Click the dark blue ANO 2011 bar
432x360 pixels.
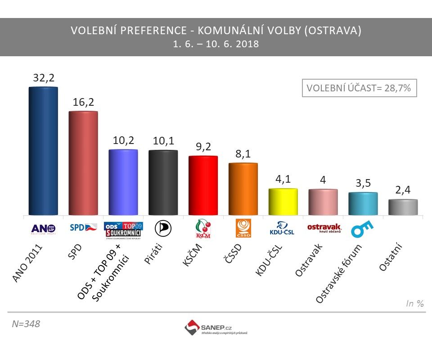[43, 151]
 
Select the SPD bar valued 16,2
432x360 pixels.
[83, 163]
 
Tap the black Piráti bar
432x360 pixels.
[163, 182]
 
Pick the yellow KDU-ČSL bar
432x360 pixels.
[283, 202]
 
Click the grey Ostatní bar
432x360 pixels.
[403, 207]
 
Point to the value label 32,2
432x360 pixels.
[43, 77]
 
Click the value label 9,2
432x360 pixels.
[203, 146]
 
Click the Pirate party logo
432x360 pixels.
[163, 229]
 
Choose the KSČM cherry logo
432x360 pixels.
[203, 229]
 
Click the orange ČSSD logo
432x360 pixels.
[243, 229]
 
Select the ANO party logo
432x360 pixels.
[43, 229]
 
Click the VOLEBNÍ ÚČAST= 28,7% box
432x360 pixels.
[359, 88]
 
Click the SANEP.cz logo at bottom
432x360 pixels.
[216, 327]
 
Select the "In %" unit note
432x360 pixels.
[415, 304]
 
